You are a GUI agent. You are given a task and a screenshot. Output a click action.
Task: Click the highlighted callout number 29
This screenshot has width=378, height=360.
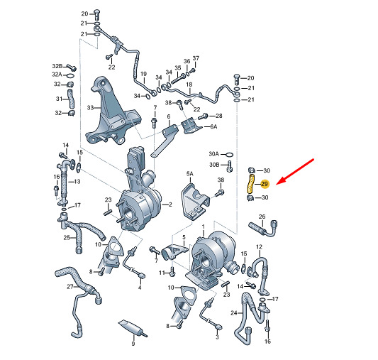[265, 184]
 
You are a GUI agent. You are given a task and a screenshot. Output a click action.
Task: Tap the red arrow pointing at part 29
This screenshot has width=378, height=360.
[295, 172]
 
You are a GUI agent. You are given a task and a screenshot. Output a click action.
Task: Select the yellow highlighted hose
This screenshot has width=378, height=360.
[251, 184]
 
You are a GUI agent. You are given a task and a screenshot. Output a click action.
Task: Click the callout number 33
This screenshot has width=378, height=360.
[90, 107]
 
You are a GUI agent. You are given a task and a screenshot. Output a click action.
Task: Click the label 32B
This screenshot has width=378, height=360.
[57, 66]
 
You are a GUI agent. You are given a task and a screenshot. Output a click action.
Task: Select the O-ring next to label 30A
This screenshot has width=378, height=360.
[230, 154]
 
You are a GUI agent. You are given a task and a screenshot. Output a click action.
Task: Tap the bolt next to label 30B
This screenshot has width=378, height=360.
[230, 166]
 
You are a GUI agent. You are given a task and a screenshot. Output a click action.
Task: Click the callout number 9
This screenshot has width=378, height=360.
[133, 344]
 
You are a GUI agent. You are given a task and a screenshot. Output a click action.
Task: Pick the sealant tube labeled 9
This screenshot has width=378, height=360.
[133, 328]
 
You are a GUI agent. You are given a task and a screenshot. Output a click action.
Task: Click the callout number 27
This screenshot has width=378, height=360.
[70, 286]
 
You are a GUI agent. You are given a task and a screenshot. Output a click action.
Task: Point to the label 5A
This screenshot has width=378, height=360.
[190, 173]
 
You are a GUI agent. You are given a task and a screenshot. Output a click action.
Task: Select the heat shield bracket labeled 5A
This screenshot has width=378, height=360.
[195, 202]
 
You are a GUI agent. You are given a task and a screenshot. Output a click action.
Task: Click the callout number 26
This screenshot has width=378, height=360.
[262, 217]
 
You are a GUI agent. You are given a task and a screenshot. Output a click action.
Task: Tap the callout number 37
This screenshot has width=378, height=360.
[196, 58]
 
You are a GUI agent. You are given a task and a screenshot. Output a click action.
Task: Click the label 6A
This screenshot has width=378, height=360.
[213, 126]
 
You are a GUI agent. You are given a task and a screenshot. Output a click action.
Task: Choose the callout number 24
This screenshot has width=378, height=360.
[234, 313]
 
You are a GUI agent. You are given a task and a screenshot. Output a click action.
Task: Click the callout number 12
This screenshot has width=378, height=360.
[259, 247]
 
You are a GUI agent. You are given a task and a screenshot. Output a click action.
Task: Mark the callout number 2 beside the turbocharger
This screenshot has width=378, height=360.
[170, 204]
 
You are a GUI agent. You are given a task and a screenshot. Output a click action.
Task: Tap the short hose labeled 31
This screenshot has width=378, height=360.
[71, 99]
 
